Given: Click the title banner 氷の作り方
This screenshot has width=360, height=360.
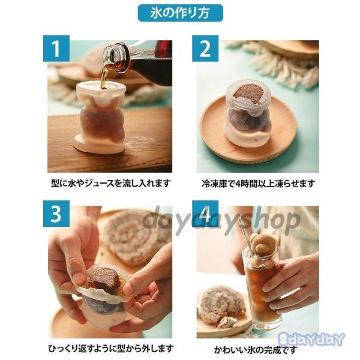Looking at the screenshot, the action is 180,13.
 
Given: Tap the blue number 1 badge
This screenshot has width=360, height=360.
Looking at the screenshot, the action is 56,49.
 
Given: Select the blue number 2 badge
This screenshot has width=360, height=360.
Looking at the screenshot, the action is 205,49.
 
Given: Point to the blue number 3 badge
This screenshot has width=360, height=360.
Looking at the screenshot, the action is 56,214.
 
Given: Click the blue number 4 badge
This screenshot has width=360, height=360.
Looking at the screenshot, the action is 205,214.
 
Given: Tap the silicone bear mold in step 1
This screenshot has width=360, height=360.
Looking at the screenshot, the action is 100,117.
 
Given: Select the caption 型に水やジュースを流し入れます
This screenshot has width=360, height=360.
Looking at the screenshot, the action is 111,184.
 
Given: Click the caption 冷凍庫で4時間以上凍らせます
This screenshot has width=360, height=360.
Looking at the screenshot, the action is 258,184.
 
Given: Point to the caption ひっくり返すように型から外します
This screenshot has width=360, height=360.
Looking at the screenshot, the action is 110,348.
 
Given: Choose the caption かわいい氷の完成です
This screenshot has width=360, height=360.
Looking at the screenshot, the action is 256,350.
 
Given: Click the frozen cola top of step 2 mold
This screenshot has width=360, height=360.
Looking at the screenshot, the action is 248,95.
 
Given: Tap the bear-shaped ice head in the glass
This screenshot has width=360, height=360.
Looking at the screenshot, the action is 260,244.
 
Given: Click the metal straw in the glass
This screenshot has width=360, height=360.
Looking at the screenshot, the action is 246,236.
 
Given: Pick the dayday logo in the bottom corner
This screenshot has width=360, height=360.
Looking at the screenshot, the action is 311,339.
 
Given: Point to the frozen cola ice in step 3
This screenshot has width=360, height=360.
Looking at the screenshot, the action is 104,280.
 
